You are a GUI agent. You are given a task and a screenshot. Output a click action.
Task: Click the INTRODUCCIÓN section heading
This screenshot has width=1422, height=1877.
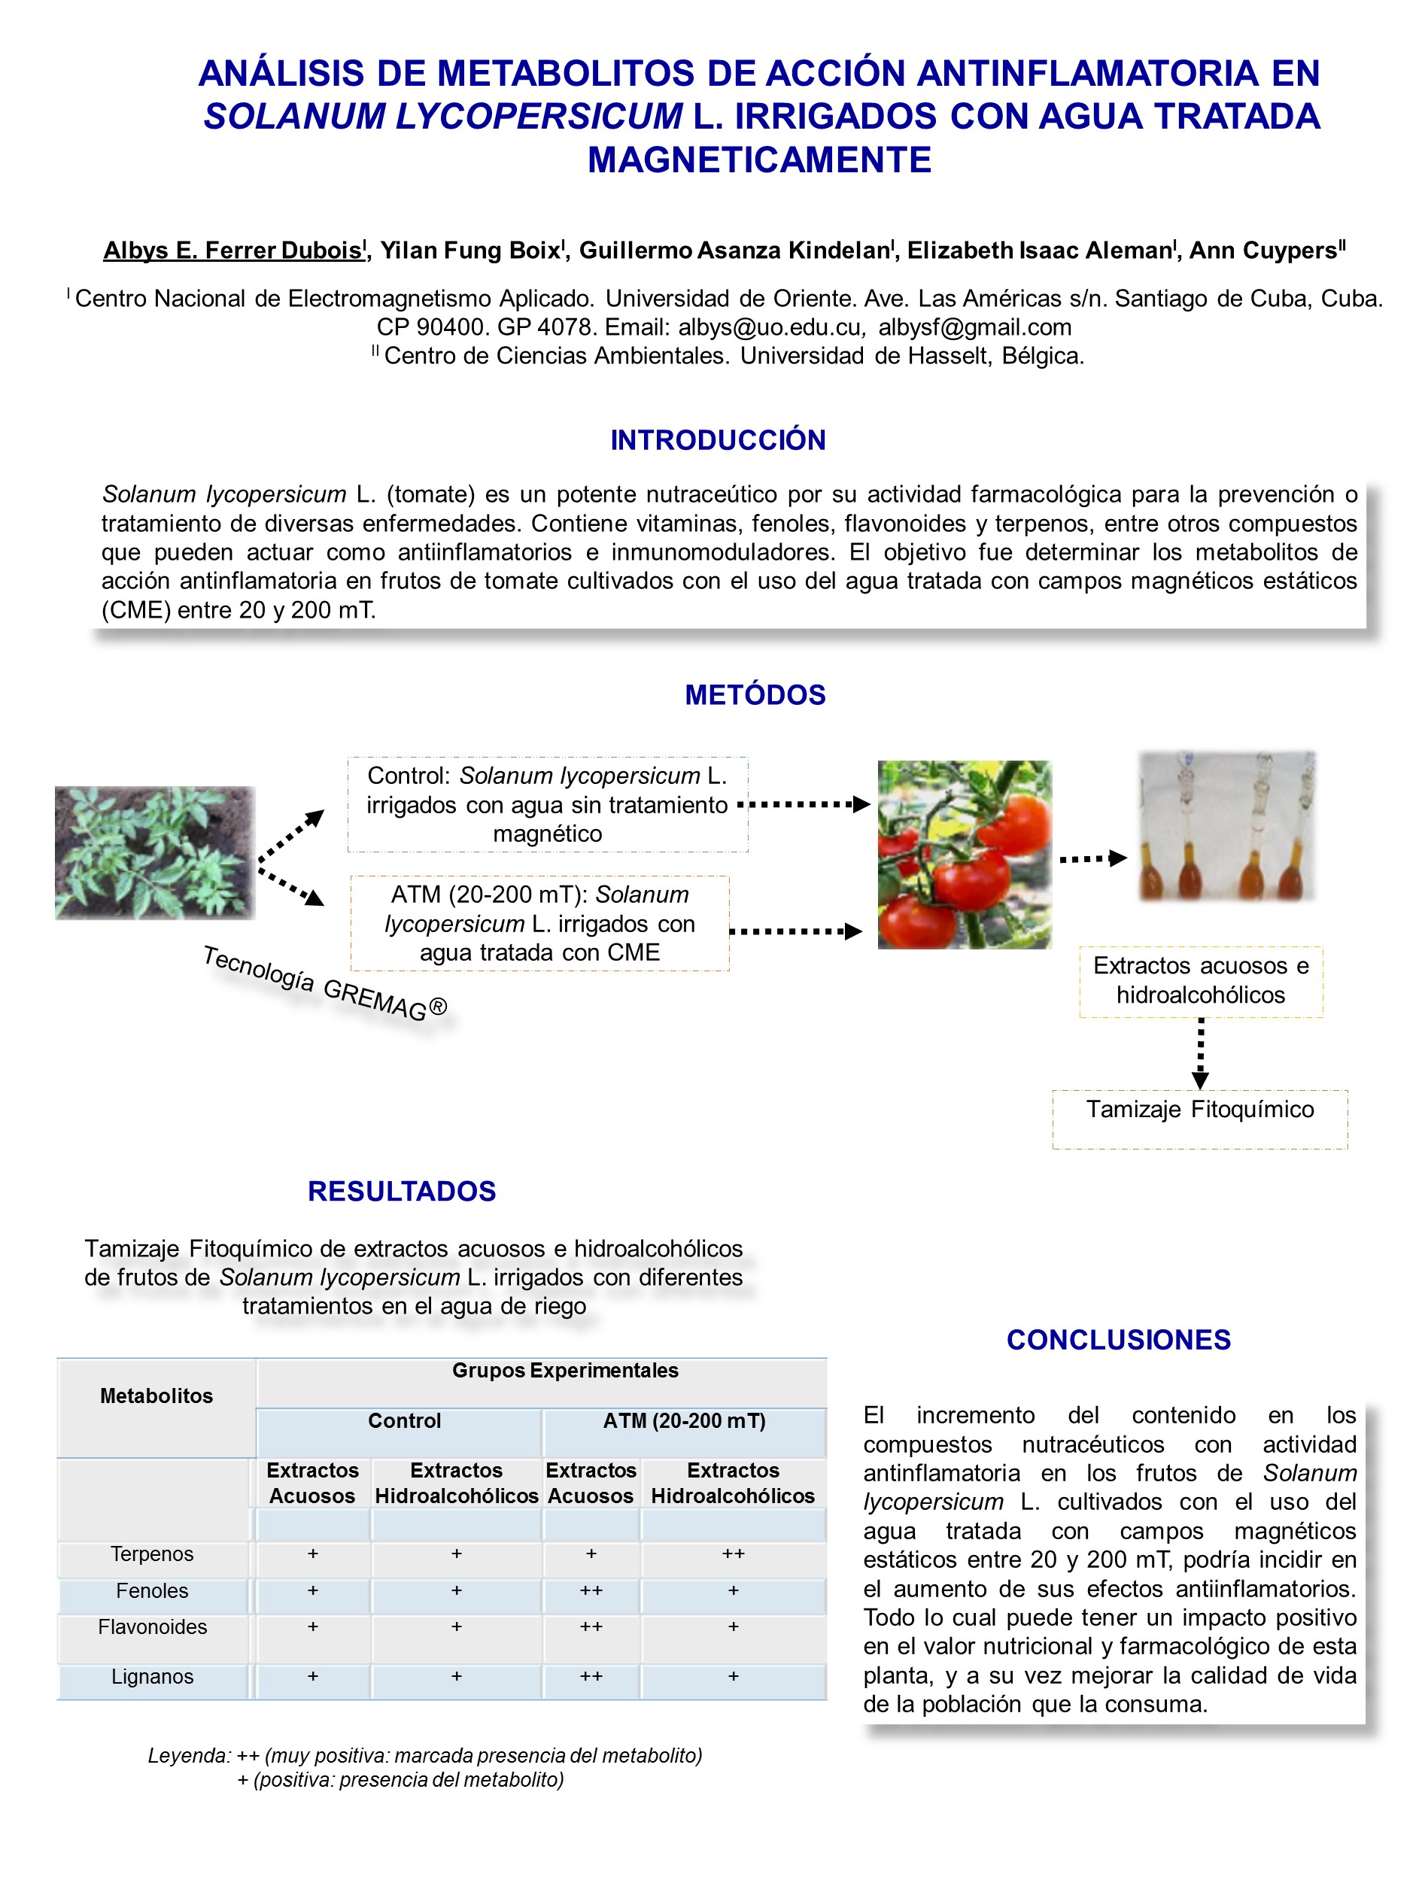[717, 439]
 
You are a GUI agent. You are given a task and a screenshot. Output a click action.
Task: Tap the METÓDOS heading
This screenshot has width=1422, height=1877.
[755, 694]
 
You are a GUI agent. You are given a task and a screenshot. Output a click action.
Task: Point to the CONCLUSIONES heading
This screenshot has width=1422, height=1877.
[1117, 1339]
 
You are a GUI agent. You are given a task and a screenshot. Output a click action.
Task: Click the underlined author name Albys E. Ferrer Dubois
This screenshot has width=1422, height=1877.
[232, 251]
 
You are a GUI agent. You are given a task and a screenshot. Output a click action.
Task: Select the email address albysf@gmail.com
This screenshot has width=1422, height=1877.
[974, 327]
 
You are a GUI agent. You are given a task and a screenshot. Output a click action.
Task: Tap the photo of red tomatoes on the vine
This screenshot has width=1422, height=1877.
[964, 854]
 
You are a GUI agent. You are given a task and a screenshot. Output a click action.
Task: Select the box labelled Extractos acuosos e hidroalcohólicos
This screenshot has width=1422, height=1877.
[1200, 981]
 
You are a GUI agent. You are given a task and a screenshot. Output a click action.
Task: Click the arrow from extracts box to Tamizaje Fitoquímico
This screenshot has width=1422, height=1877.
[1200, 1053]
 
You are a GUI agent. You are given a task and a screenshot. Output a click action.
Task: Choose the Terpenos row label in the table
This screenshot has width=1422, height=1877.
[153, 1554]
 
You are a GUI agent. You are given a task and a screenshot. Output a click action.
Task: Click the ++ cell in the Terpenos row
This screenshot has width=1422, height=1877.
[733, 1554]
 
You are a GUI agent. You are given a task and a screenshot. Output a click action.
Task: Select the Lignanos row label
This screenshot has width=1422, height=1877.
[153, 1676]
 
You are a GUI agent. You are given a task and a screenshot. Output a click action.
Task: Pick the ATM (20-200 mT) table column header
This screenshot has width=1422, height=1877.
[684, 1420]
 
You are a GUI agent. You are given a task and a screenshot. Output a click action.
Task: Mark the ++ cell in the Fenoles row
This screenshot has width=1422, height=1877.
[591, 1590]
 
